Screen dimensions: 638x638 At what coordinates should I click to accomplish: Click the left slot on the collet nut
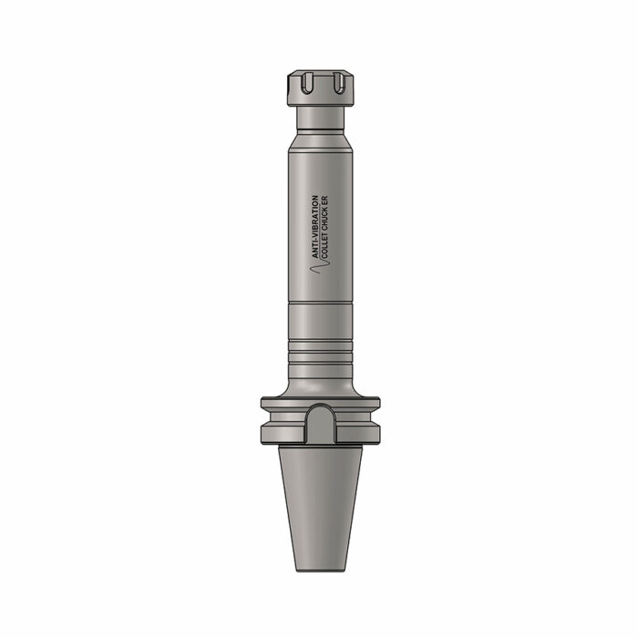pyautogui.click(x=306, y=83)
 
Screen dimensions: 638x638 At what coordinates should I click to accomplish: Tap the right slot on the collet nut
pyautogui.click(x=338, y=83)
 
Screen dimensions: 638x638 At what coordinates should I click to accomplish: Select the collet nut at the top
pyautogui.click(x=320, y=88)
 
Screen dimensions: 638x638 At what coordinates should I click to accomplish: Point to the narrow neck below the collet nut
pyautogui.click(x=320, y=118)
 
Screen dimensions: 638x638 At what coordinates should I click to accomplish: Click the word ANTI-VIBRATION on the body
pyautogui.click(x=315, y=227)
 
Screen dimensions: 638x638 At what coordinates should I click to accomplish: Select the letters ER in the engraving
pyautogui.click(x=324, y=201)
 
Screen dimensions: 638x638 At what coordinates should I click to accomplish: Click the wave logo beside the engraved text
pyautogui.click(x=320, y=266)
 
